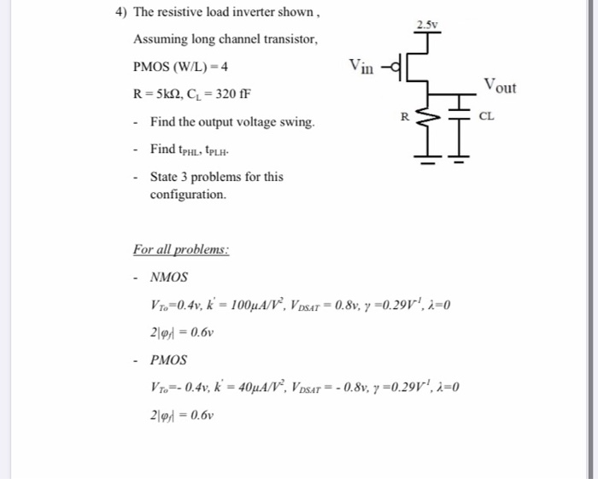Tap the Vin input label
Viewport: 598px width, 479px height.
point(361,65)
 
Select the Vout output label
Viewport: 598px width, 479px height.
point(500,85)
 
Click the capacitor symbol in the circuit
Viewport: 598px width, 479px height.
point(461,110)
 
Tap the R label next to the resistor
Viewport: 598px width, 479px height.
point(405,114)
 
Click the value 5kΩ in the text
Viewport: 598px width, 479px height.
point(173,93)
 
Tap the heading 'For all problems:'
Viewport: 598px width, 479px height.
point(181,250)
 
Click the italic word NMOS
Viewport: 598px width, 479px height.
point(168,277)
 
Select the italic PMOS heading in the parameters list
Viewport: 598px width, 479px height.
point(168,359)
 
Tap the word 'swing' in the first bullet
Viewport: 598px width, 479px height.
point(296,122)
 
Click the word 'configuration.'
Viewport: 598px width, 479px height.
point(188,195)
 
